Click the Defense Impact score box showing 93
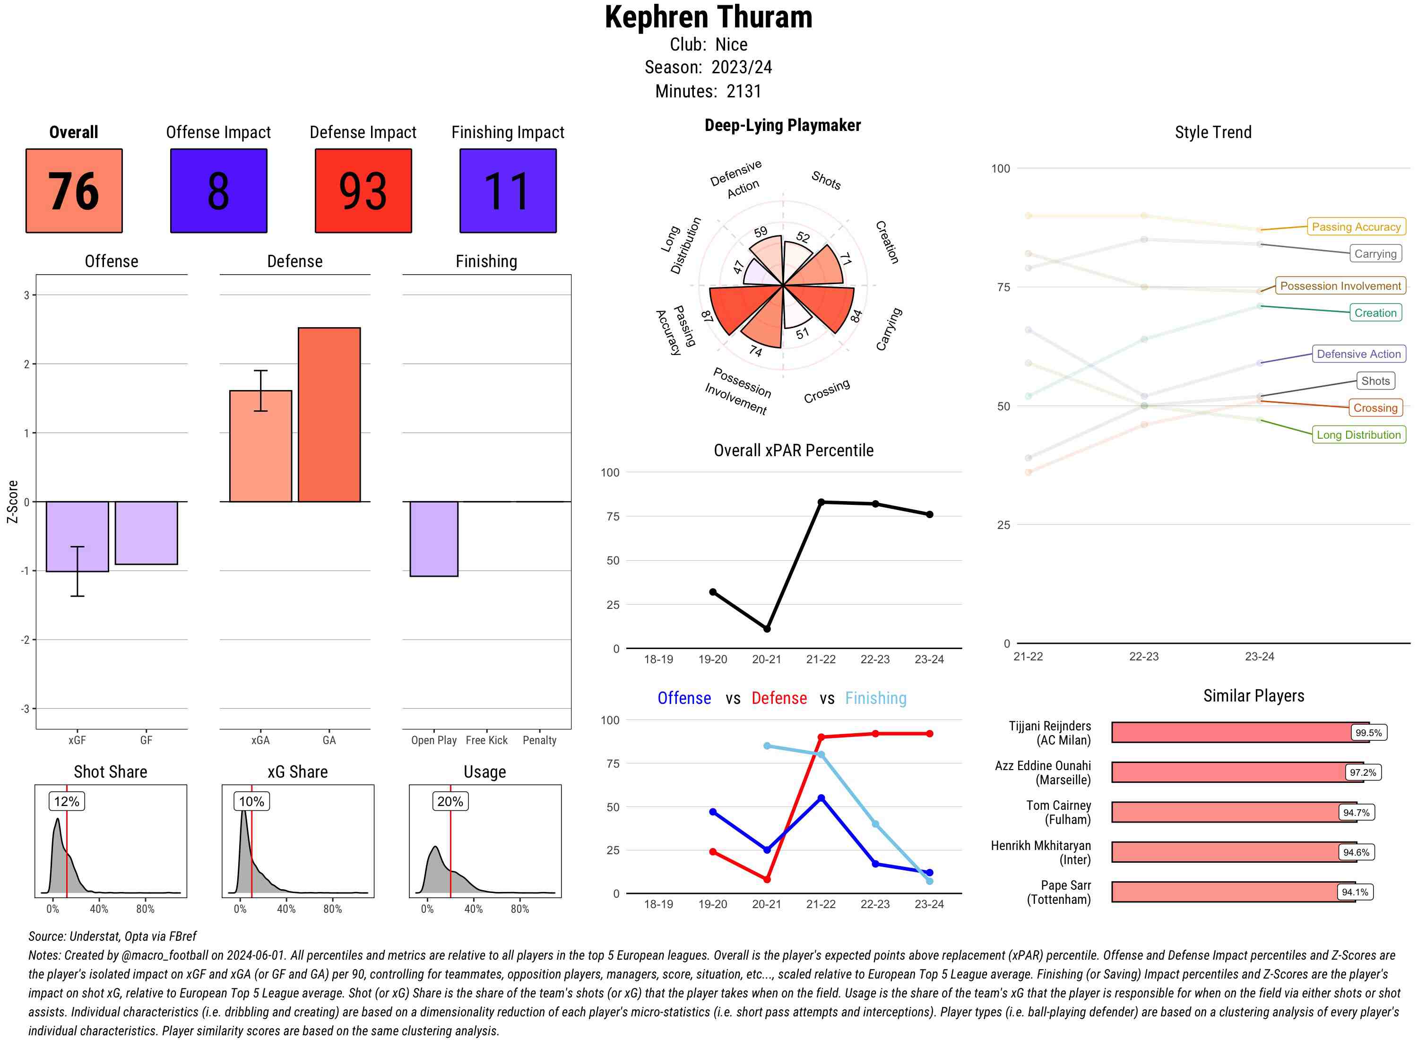click(363, 191)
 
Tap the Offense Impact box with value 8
click(218, 191)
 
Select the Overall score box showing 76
click(74, 191)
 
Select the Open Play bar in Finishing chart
click(433, 538)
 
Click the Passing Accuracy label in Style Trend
click(1355, 226)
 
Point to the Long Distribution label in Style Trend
click(1358, 434)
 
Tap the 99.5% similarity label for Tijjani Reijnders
click(1368, 733)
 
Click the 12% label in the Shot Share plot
click(67, 801)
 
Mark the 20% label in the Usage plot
click(450, 801)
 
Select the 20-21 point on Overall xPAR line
click(767, 629)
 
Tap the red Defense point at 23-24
click(929, 733)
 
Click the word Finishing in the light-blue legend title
click(875, 698)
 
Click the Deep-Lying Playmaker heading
click(782, 125)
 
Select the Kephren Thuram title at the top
click(708, 17)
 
